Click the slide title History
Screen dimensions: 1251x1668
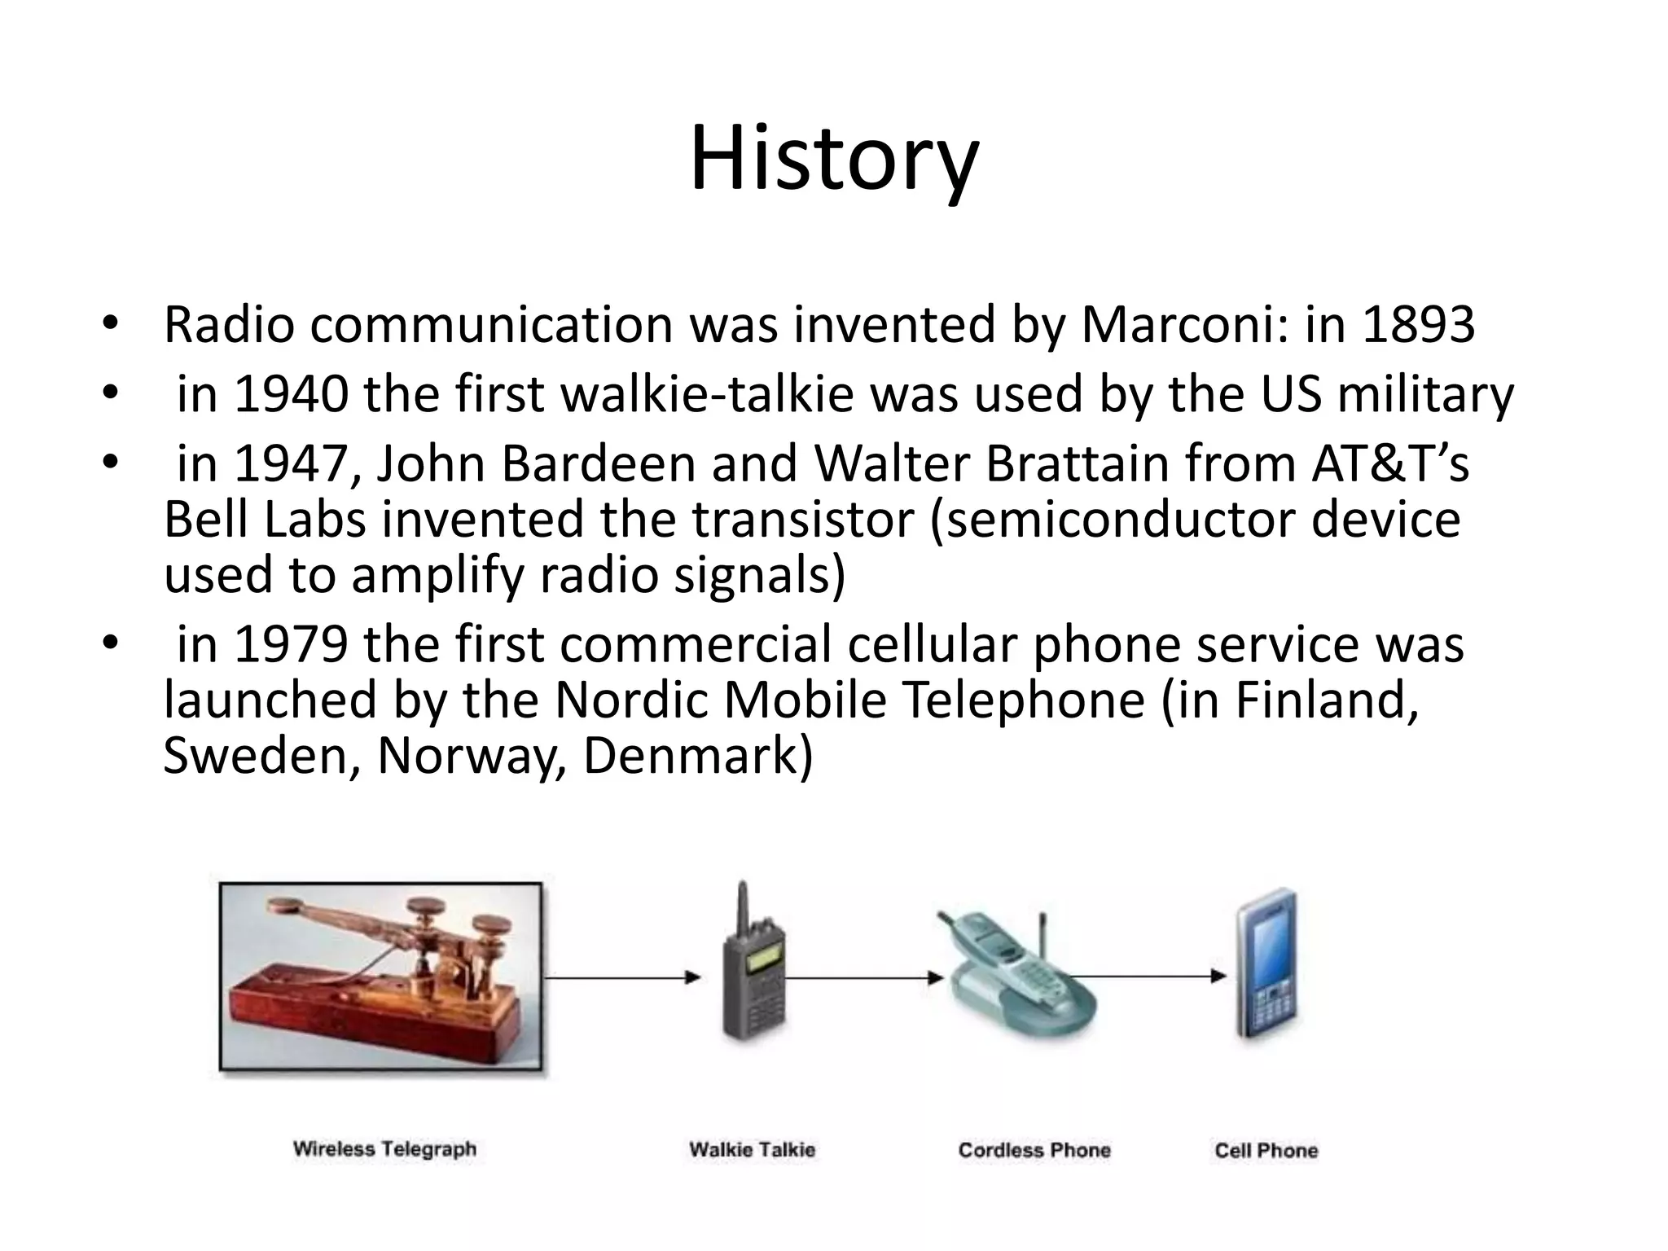(834, 159)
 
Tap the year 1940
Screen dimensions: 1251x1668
(291, 394)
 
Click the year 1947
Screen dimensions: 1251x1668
(291, 463)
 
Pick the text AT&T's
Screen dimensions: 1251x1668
(1389, 463)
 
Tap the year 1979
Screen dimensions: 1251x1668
(291, 644)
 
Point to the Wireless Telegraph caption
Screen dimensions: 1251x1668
(384, 1149)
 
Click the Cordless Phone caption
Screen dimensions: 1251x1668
(1034, 1150)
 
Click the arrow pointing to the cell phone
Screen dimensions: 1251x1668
(1157, 976)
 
